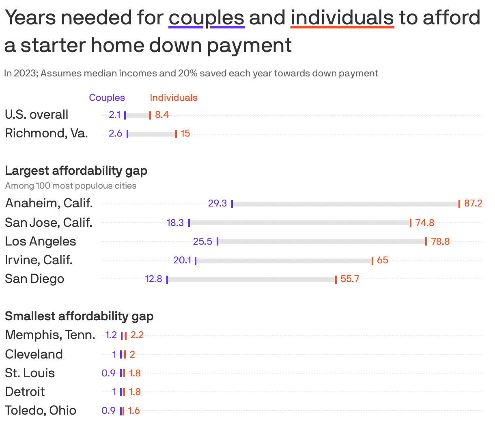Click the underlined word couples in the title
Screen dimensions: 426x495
206,18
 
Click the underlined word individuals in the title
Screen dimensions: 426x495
342,18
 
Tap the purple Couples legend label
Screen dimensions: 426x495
107,98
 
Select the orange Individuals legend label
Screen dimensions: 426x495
174,98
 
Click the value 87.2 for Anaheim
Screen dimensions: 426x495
473,203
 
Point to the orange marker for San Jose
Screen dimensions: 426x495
411,223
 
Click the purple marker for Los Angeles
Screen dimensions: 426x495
217,241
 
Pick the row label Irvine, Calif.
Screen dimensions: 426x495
39,260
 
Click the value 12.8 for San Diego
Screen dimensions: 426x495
153,279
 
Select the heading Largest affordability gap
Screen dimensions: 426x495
76,170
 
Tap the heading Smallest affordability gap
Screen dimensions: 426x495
79,316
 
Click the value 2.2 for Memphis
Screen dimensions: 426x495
137,335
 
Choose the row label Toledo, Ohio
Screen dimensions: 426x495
41,410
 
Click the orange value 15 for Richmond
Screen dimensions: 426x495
185,133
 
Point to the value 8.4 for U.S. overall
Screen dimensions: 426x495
161,115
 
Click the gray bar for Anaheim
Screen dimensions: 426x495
345,204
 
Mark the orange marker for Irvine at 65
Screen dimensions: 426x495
372,261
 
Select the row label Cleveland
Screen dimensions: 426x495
34,354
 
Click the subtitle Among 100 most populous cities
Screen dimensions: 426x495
71,186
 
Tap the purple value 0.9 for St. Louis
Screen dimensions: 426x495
108,373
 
